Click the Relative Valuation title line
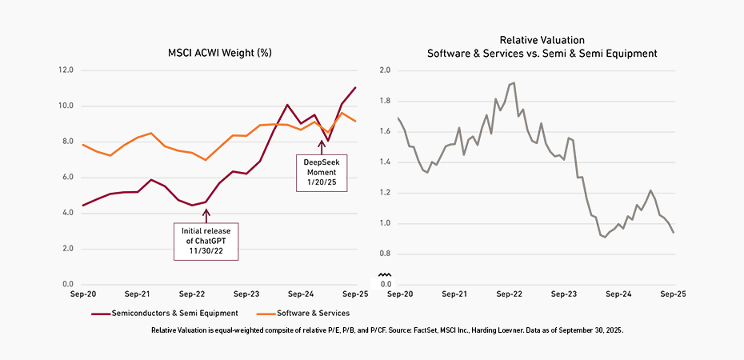(542, 39)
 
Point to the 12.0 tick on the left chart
(66, 70)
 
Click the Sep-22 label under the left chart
(193, 294)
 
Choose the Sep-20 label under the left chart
(83, 294)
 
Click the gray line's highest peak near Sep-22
(513, 82)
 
